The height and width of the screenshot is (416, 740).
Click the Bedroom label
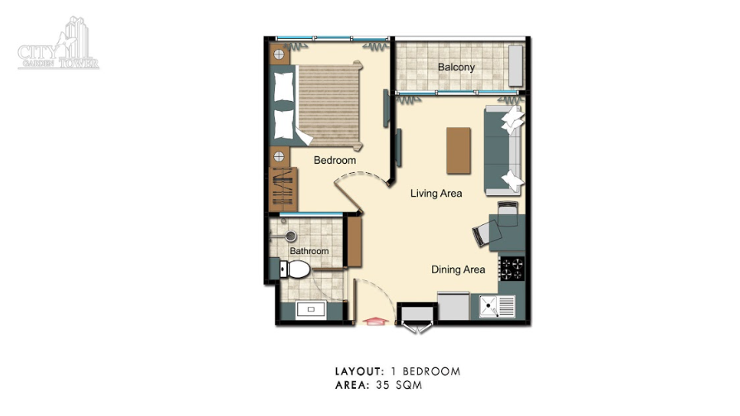point(334,160)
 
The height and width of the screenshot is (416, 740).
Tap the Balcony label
point(456,67)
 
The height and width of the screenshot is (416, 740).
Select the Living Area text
point(436,194)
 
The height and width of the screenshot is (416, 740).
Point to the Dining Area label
point(459,270)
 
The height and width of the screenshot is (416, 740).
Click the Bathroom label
point(309,251)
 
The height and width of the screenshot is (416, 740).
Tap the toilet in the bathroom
point(295,270)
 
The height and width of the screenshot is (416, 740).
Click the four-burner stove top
point(512,268)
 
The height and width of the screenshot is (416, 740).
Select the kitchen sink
point(497,306)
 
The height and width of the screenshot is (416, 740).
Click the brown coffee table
point(459,151)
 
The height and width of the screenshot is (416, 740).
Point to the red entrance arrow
point(375,322)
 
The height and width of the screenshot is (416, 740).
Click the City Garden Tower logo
point(59,44)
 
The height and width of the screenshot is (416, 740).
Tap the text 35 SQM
point(399,385)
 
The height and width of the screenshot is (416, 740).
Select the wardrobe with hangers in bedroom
point(283,189)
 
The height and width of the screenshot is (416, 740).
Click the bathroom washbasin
point(310,310)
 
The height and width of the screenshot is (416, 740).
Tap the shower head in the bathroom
point(291,236)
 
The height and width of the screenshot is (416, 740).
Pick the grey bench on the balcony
point(516,65)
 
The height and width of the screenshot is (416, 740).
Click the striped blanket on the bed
point(329,105)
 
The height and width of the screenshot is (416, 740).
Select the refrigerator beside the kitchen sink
point(454,306)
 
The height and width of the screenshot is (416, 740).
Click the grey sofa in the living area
point(503,151)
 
